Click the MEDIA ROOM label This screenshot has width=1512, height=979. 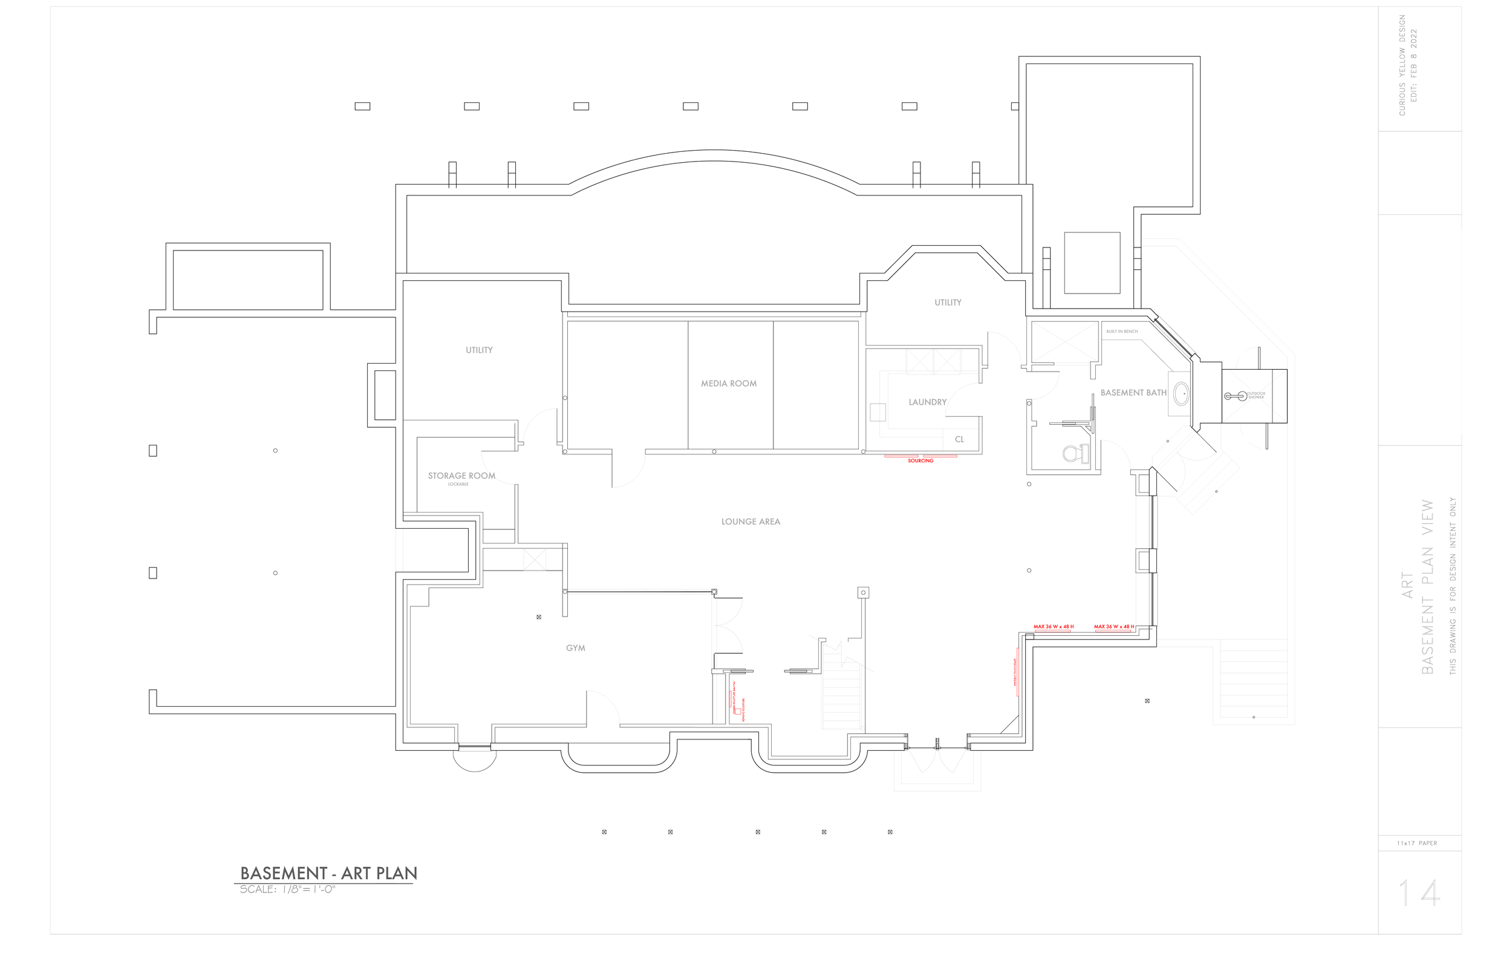pyautogui.click(x=729, y=384)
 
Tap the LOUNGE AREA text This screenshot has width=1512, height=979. pyautogui.click(x=751, y=522)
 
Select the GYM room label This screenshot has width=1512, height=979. pyautogui.click(x=576, y=648)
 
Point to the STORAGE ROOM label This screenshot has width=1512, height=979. pyautogui.click(x=461, y=476)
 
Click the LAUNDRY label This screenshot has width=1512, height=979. pyautogui.click(x=927, y=402)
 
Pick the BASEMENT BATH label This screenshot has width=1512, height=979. pyautogui.click(x=1133, y=393)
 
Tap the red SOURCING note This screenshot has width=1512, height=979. pyautogui.click(x=921, y=460)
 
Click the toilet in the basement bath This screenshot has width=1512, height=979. pyautogui.click(x=1074, y=453)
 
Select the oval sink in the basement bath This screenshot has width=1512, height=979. pyautogui.click(x=1181, y=393)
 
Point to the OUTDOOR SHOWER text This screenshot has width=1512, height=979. pyautogui.click(x=1256, y=396)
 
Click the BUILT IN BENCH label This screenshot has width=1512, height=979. pyautogui.click(x=1122, y=331)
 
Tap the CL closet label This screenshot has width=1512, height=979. pyautogui.click(x=959, y=439)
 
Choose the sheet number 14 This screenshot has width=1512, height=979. pyautogui.click(x=1419, y=893)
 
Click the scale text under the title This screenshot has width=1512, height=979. pyautogui.click(x=287, y=889)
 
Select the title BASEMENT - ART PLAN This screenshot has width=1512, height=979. pyautogui.click(x=328, y=873)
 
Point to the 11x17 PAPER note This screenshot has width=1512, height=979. pyautogui.click(x=1416, y=843)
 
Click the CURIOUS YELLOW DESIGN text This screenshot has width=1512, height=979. pyautogui.click(x=1402, y=65)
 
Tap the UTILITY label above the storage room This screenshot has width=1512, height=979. pyautogui.click(x=479, y=350)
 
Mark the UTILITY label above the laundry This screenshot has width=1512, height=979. pyautogui.click(x=948, y=303)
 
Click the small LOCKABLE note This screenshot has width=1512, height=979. pyautogui.click(x=458, y=485)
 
